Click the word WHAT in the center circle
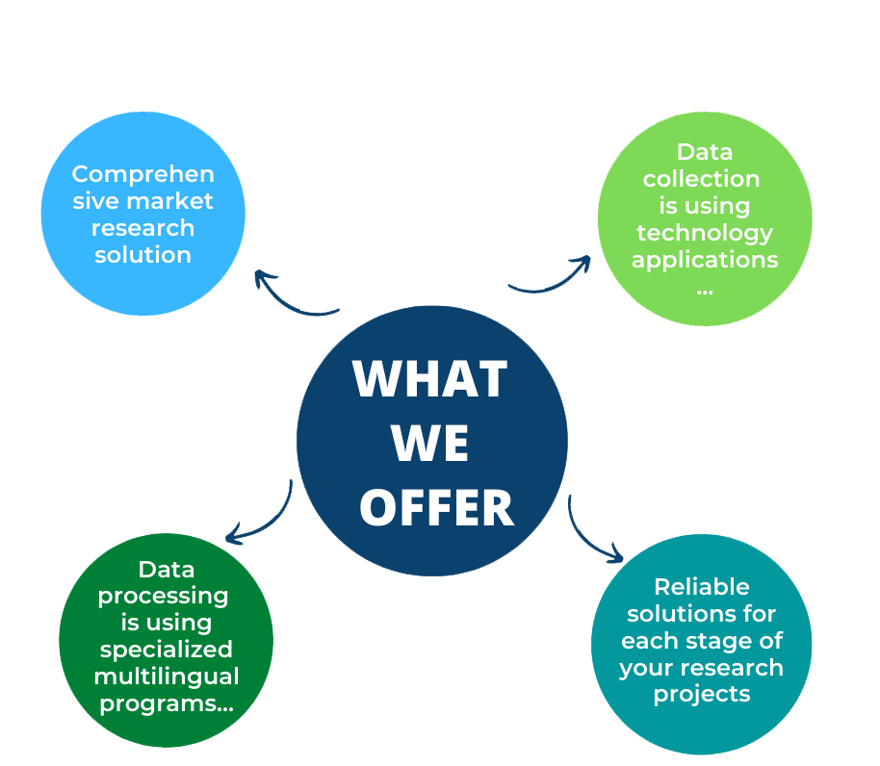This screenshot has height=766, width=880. point(430,379)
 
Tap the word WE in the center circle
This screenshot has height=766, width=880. point(430,443)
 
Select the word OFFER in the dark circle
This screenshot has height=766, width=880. point(437,507)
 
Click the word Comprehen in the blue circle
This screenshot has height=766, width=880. point(143,174)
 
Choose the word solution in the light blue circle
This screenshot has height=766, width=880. point(143,255)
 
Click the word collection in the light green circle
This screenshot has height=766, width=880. point(702,179)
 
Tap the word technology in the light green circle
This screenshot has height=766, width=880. point(705,233)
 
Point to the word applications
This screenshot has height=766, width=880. point(705,260)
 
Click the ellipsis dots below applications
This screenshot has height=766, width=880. point(705,292)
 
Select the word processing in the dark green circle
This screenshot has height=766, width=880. point(164,596)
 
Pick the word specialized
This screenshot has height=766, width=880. point(167,650)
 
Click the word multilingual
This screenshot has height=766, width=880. point(167,677)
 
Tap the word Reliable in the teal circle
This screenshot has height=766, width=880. point(702,587)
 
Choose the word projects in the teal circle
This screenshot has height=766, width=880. point(702,695)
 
